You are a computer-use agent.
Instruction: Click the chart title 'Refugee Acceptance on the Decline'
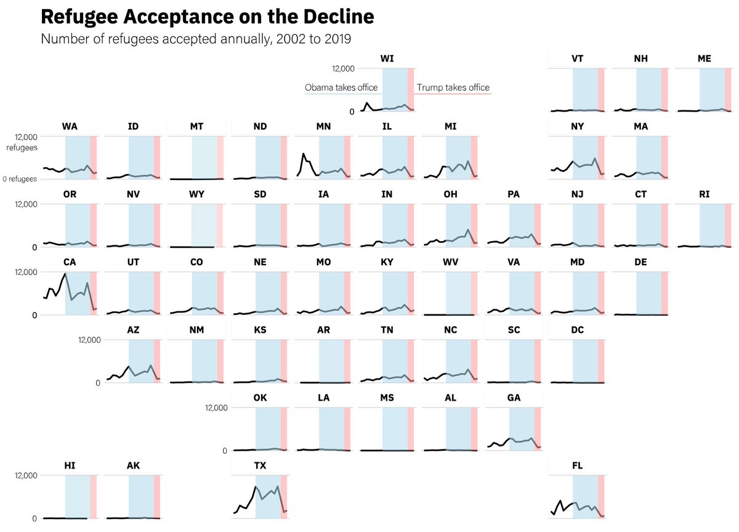pyautogui.click(x=207, y=17)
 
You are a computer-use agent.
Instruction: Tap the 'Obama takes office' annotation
pyautogui.click(x=341, y=88)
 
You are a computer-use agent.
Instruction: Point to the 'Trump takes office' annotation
pyautogui.click(x=453, y=88)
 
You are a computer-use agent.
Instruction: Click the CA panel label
pyautogui.click(x=70, y=262)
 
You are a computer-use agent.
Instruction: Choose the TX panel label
pyautogui.click(x=260, y=465)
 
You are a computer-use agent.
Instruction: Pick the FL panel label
pyautogui.click(x=577, y=465)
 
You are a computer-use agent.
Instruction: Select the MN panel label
pyautogui.click(x=323, y=126)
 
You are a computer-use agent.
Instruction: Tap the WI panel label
pyautogui.click(x=387, y=59)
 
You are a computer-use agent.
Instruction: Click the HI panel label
pyautogui.click(x=70, y=465)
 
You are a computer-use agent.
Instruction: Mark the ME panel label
pyautogui.click(x=704, y=59)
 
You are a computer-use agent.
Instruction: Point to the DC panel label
pyautogui.click(x=577, y=330)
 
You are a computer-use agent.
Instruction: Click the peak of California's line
pyautogui.click(x=65, y=274)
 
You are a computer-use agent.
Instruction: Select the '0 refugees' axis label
pyautogui.click(x=20, y=179)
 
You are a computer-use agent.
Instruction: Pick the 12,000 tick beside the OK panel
pyautogui.click(x=216, y=407)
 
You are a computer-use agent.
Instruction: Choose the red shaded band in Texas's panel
pyautogui.click(x=284, y=496)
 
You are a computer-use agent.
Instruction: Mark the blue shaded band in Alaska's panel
pyautogui.click(x=141, y=496)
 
